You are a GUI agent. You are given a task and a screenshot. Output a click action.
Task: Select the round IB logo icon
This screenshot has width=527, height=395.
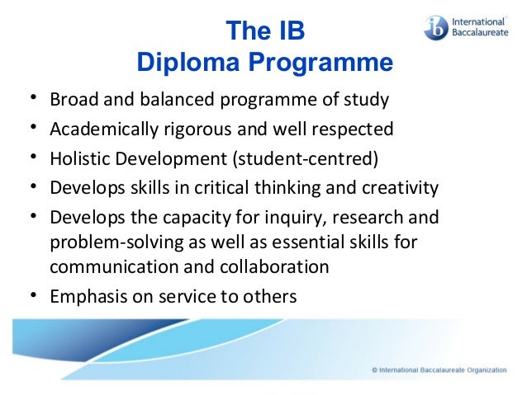pos(436,28)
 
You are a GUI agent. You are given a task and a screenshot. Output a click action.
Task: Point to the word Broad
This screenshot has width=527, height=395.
pos(72,101)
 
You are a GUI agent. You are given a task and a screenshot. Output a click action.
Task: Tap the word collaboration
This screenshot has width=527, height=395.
pos(271,267)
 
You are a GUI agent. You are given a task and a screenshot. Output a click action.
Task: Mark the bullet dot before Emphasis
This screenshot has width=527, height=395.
pos(33,295)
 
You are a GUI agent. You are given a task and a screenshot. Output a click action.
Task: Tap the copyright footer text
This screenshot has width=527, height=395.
pos(439,370)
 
